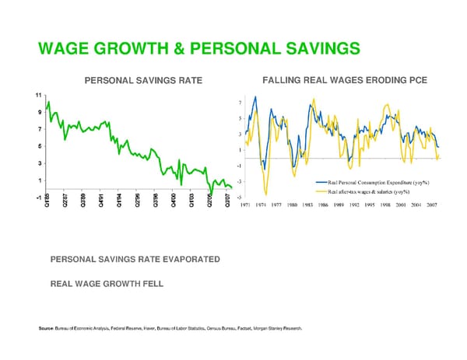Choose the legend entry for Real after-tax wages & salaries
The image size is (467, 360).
click(x=370, y=191)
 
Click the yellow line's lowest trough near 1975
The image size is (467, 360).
click(x=265, y=195)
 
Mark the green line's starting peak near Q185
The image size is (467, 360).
click(x=49, y=103)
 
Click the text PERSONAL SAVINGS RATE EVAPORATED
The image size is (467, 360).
click(x=135, y=259)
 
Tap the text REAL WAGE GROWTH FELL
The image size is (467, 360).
click(x=107, y=284)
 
